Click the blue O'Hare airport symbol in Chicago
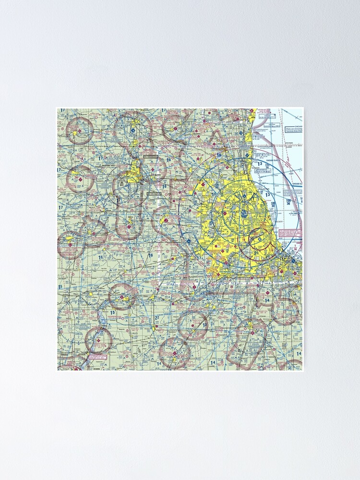tap(245, 213)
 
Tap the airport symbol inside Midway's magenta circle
tap(260, 239)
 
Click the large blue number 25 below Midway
tap(256, 253)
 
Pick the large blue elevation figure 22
tap(157, 318)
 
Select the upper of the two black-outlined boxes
tap(150, 156)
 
